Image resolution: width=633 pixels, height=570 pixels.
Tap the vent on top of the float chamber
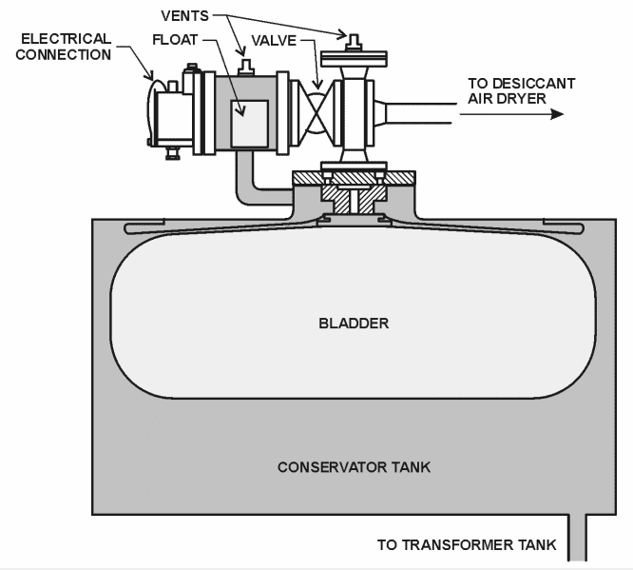coord(248,67)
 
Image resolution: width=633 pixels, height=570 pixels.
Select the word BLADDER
coord(354,323)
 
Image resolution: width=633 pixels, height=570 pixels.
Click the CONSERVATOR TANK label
coord(354,467)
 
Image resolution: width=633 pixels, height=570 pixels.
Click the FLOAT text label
coord(176,40)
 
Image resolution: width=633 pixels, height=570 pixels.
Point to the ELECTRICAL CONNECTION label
coord(66,47)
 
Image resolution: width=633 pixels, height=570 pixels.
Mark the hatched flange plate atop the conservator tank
coord(354,178)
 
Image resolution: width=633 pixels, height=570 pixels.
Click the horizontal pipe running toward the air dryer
coord(418,113)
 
